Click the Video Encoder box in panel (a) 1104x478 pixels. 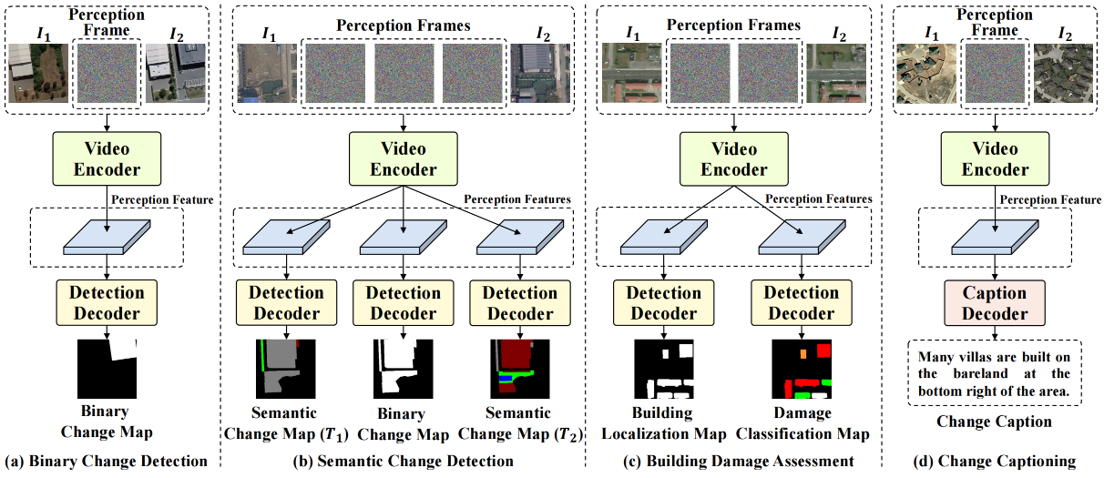click(x=108, y=158)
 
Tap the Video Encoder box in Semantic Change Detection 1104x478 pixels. click(x=404, y=158)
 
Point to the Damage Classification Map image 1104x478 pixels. click(x=802, y=371)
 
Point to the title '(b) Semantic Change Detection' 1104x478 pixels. click(x=404, y=462)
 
